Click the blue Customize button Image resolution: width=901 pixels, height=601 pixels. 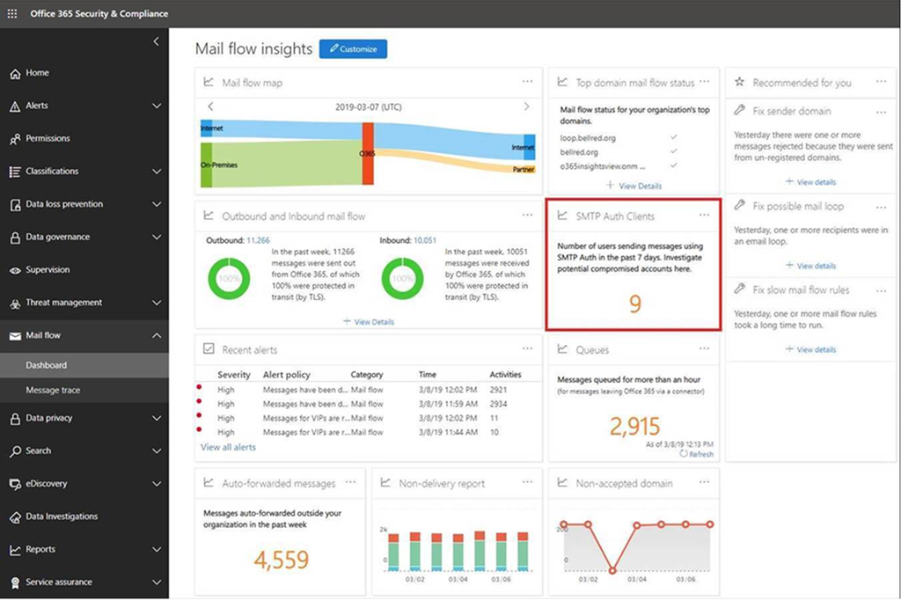(353, 49)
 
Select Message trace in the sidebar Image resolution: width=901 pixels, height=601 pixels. (53, 390)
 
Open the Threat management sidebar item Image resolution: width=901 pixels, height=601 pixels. (63, 303)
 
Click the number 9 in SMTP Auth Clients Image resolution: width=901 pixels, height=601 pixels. (634, 304)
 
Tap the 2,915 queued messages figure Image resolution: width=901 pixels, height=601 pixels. (634, 427)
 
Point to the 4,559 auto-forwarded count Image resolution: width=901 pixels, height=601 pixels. (281, 560)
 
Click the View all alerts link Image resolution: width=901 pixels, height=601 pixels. (228, 447)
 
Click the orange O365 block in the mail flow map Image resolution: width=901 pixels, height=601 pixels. (368, 154)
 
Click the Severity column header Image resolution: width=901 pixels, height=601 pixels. (234, 374)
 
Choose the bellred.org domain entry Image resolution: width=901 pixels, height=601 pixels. (579, 152)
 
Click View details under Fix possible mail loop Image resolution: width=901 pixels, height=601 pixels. (811, 266)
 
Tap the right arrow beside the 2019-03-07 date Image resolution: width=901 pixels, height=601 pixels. (526, 106)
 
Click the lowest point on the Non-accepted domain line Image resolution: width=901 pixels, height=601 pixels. (613, 570)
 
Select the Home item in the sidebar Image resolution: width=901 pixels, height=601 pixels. (37, 73)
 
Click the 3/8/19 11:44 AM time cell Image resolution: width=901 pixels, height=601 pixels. (447, 432)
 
